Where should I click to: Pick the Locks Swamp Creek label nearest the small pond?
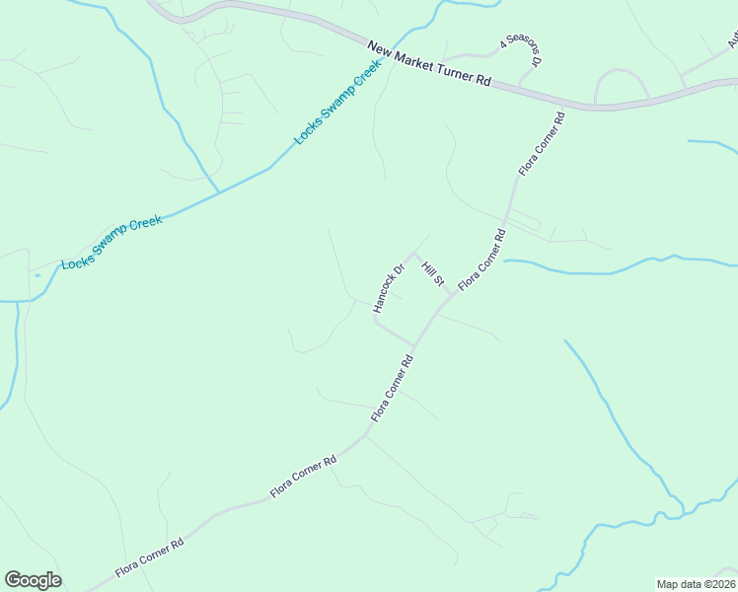(111, 243)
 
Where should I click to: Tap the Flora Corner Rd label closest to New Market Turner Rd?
(543, 144)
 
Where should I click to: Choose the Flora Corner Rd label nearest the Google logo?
(150, 557)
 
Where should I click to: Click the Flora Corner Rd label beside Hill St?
(481, 259)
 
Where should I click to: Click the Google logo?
(34, 580)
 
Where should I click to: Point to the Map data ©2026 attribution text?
(696, 584)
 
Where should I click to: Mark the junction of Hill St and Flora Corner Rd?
(453, 294)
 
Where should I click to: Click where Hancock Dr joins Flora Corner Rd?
(414, 346)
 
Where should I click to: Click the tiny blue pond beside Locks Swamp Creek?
(37, 275)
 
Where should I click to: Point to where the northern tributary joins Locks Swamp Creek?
(217, 191)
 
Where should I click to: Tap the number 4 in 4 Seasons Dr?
(504, 43)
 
